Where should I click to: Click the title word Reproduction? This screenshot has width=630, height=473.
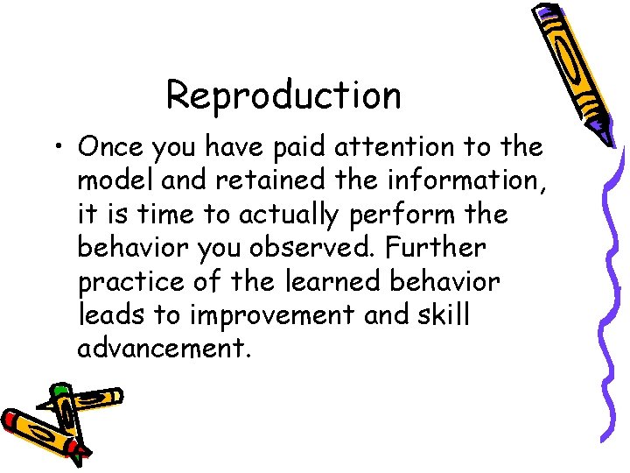point(283,95)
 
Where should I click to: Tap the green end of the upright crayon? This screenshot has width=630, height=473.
point(60,390)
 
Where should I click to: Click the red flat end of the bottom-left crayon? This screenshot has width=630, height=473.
point(11,421)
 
